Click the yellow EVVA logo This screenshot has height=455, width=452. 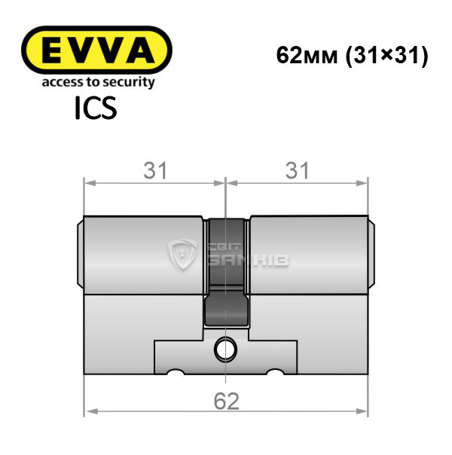click(96, 50)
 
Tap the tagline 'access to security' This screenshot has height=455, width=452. click(99, 82)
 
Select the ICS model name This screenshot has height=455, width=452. click(96, 108)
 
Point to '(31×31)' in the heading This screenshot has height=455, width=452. click(386, 56)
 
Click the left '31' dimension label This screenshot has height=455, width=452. click(155, 170)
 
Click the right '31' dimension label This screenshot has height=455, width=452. click(297, 170)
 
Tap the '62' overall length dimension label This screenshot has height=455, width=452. click(226, 401)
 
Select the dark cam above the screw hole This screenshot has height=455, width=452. click(227, 309)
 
